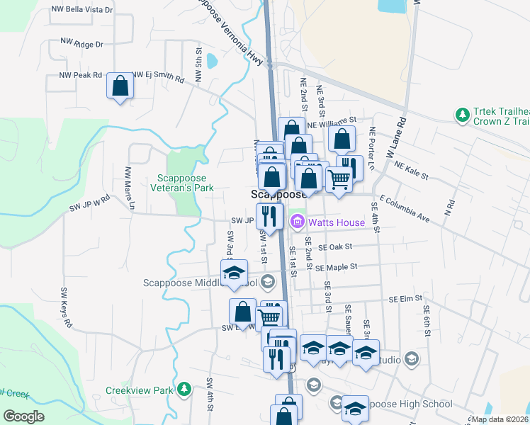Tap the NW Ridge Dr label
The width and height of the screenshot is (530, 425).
[x=81, y=44]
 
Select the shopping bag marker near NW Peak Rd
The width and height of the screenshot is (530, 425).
[x=120, y=86]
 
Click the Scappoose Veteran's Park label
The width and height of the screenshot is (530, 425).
[x=182, y=183]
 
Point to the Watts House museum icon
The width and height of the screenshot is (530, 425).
[x=297, y=222]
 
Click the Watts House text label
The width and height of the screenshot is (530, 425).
[x=336, y=222]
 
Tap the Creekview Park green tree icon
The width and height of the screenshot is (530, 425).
[x=184, y=389]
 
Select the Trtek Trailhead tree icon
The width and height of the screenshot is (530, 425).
[x=462, y=113]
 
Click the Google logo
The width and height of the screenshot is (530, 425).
[x=23, y=416]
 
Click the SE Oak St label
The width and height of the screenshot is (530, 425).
[x=335, y=247]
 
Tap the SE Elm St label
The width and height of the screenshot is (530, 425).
[x=405, y=300]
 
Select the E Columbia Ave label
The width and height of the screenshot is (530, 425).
[x=405, y=210]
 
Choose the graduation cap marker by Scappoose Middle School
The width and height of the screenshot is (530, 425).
[x=234, y=273]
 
